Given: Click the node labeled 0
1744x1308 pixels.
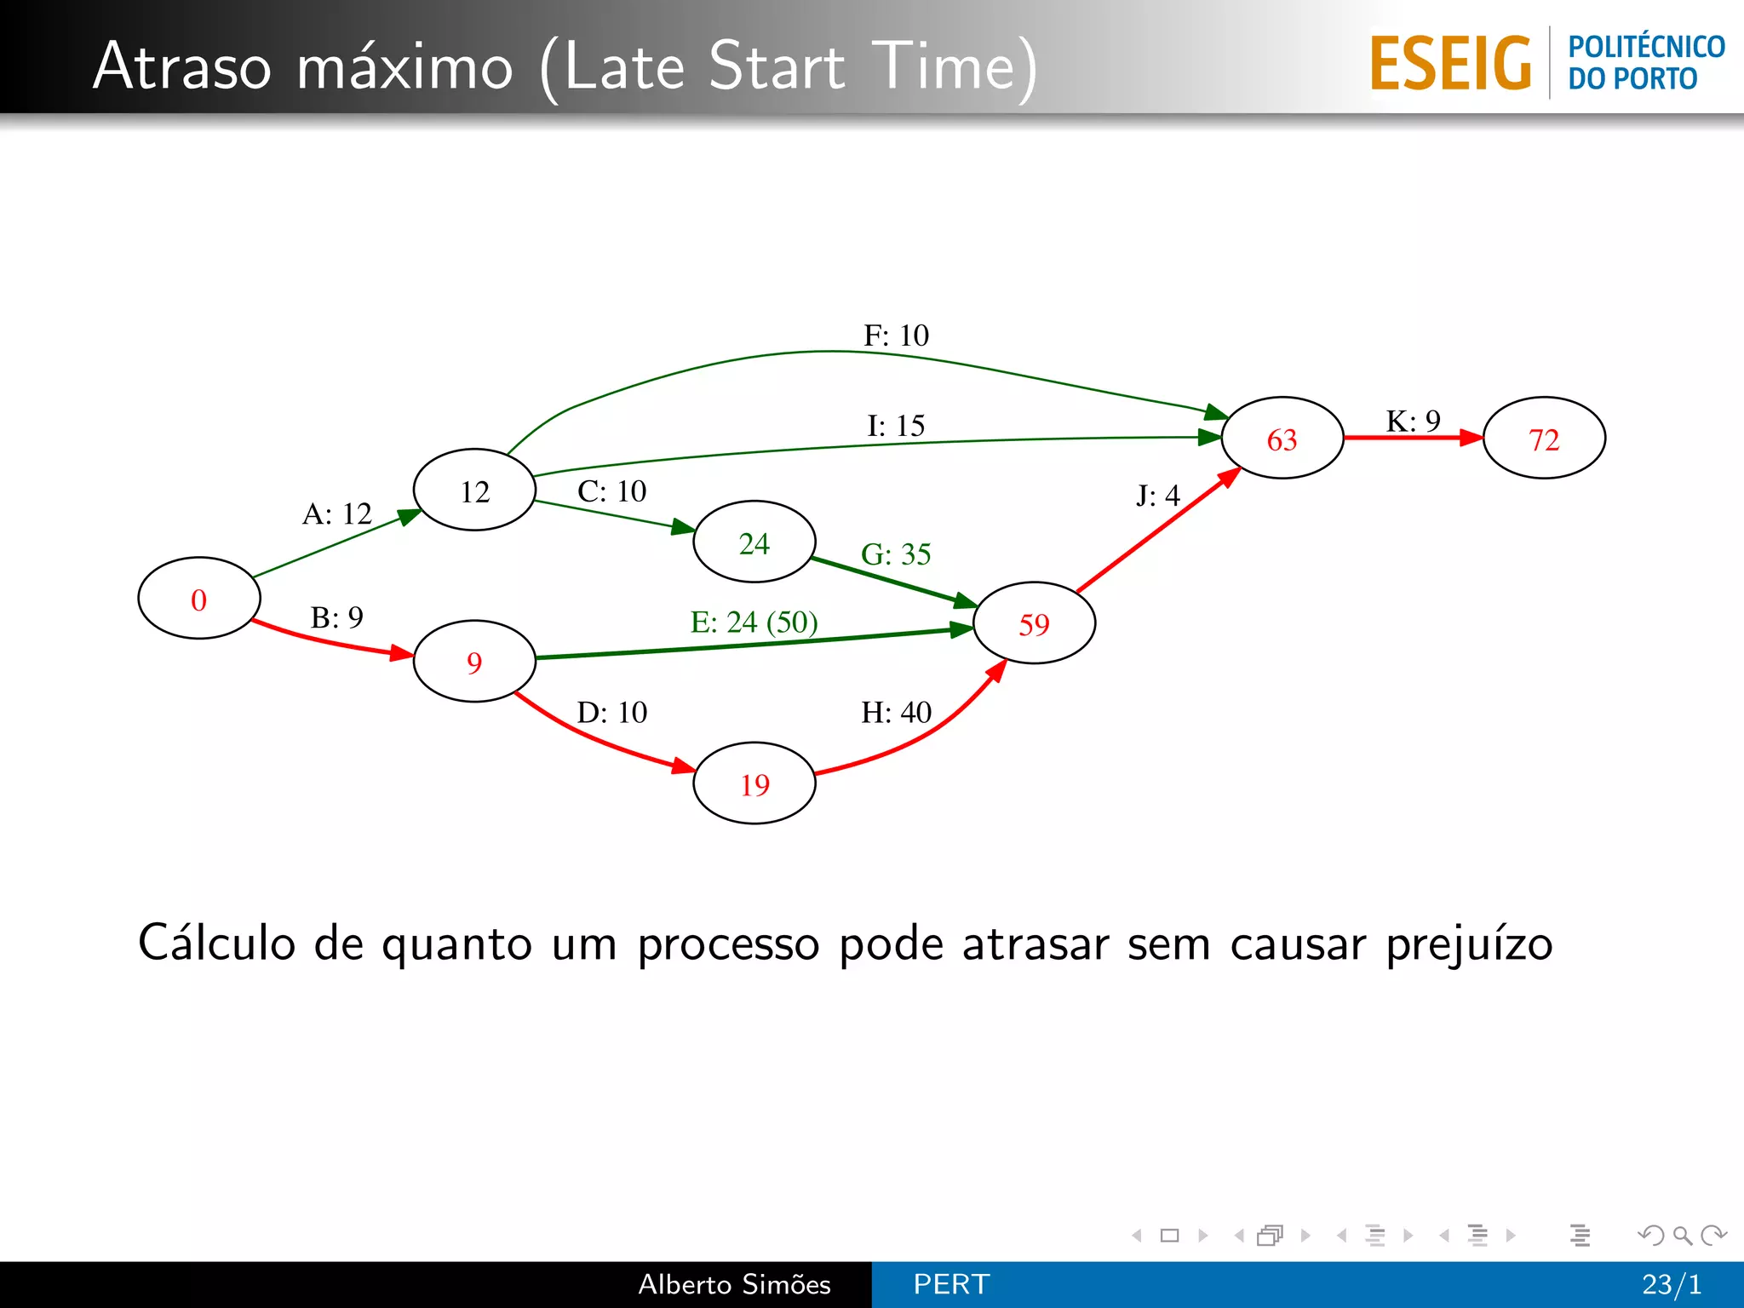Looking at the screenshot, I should (x=198, y=599).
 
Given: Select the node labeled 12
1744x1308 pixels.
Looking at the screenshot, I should (x=474, y=490).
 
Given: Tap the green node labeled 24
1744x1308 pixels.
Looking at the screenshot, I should (x=754, y=542).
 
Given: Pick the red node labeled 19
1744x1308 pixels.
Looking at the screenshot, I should (x=754, y=783).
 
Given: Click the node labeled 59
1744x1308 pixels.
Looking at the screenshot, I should (x=1034, y=623).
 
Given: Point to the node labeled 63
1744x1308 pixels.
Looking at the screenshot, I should (x=1282, y=439).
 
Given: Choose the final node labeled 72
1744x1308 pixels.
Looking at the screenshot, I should (x=1544, y=439).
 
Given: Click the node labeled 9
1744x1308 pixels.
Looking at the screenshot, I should (x=474, y=662).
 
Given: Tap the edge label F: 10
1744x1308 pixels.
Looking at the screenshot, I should (x=896, y=336).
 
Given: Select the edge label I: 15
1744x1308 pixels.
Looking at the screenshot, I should (x=896, y=425).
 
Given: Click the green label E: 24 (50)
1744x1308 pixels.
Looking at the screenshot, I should (x=754, y=622).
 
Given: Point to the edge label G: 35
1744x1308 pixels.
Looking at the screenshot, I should (x=896, y=554).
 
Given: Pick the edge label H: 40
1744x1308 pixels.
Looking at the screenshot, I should (x=896, y=712).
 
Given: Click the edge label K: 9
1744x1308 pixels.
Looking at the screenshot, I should (x=1413, y=421).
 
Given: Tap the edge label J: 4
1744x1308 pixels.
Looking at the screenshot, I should (x=1157, y=495).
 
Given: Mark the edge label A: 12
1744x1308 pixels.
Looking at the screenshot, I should (x=337, y=513).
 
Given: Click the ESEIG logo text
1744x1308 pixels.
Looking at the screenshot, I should (x=1450, y=64).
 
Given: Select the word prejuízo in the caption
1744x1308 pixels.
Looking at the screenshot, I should (x=1469, y=944).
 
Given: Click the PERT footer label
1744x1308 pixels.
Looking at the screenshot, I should (x=951, y=1284).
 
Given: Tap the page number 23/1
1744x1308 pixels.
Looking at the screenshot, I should (x=1672, y=1284).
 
